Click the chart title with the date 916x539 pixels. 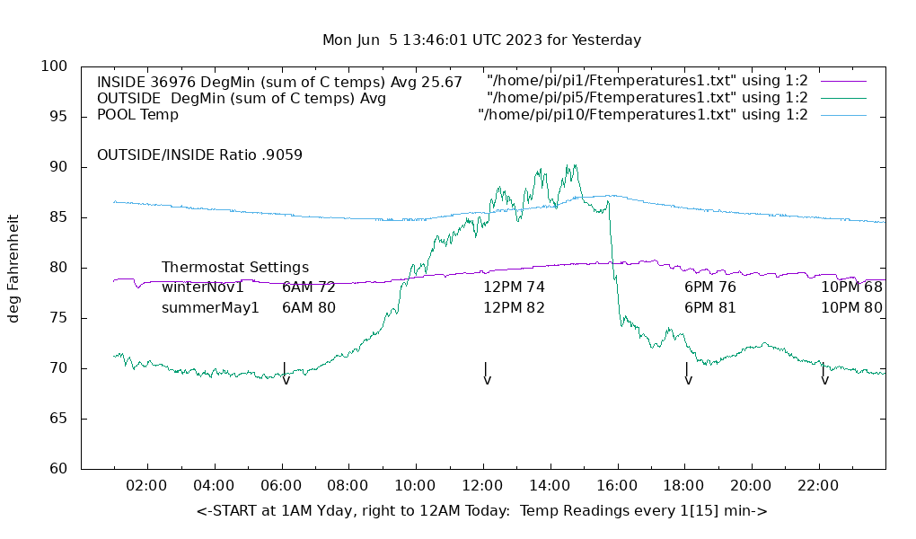click(x=481, y=40)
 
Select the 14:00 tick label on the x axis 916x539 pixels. click(x=550, y=486)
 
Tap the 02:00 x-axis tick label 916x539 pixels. click(x=146, y=486)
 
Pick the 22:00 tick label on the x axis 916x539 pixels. click(x=818, y=486)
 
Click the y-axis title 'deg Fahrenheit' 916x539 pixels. click(x=13, y=268)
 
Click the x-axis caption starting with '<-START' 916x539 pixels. click(x=481, y=511)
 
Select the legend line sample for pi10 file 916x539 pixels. click(x=843, y=115)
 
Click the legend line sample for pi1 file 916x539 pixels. click(x=843, y=81)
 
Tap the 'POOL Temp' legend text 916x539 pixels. click(x=137, y=115)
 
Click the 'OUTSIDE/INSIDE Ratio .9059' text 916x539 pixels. click(x=199, y=155)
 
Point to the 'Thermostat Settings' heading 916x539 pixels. click(x=235, y=268)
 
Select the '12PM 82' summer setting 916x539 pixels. click(x=514, y=307)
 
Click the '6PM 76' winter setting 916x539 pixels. click(x=709, y=287)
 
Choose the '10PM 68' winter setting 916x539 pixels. click(x=851, y=287)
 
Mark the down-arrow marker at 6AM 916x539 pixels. click(x=286, y=375)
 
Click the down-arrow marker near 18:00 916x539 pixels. click(x=688, y=375)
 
